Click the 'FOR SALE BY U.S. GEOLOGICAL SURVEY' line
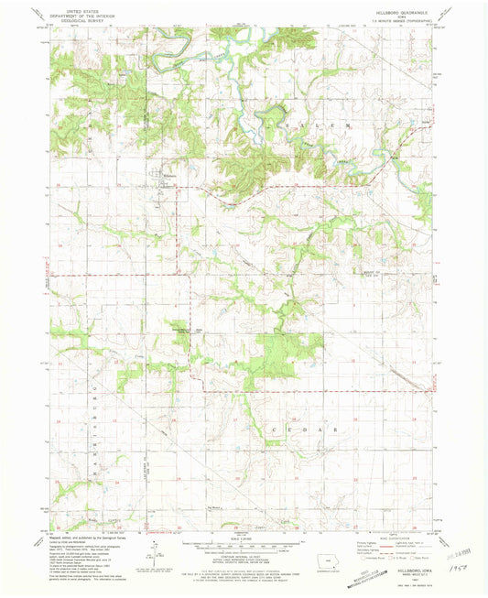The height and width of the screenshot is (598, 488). click(243, 574)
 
